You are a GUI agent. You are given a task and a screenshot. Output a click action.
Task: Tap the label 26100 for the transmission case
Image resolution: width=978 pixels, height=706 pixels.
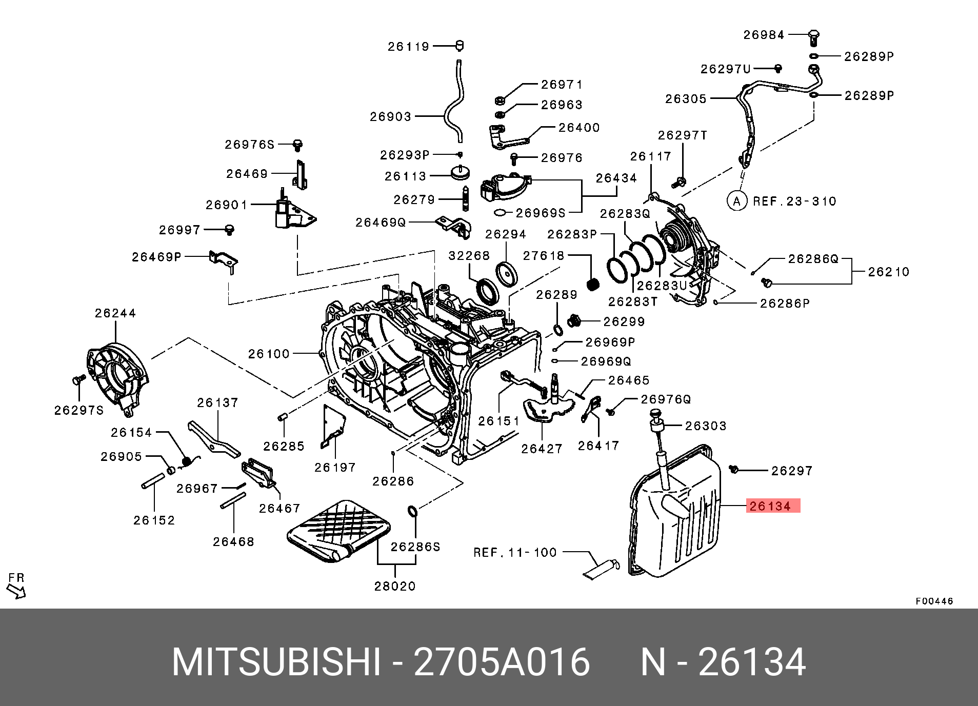coord(269,354)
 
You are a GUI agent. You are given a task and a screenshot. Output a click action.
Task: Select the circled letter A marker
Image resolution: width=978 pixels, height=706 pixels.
coord(736,201)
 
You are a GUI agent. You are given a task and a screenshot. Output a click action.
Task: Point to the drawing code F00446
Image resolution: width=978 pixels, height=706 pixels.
coord(934,601)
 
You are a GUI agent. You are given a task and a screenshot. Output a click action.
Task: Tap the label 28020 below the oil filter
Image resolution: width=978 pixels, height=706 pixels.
coord(395,586)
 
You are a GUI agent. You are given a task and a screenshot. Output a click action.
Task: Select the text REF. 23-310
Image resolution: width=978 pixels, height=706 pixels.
coord(794,201)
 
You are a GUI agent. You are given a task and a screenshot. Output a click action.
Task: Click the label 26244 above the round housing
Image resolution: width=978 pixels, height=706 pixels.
coord(115,313)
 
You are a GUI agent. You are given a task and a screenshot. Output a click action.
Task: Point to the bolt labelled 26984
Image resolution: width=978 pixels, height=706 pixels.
coord(813,36)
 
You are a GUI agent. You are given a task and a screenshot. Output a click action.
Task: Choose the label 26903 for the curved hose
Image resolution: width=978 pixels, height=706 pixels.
coord(391,117)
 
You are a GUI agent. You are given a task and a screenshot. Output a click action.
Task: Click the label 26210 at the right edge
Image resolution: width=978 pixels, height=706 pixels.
coord(888,272)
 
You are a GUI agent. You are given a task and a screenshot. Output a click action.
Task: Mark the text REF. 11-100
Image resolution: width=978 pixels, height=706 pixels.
coord(515,552)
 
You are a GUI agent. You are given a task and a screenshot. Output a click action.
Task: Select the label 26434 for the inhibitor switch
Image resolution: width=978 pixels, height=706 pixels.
coord(616,178)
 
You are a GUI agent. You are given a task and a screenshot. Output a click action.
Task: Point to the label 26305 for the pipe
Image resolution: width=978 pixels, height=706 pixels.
coord(686,99)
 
